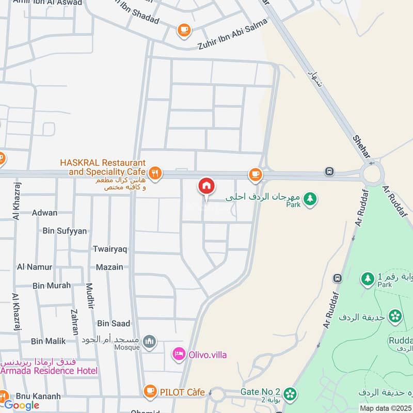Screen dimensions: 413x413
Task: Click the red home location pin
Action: click(x=206, y=186)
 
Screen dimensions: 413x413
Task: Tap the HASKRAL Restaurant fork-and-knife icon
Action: click(x=155, y=172)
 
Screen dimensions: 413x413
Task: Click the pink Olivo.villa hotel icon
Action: click(x=179, y=355)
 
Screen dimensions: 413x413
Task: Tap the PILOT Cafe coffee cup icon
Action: click(x=150, y=391)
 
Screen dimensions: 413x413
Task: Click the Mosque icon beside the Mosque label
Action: click(x=150, y=341)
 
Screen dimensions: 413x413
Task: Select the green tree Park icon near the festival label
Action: click(x=310, y=198)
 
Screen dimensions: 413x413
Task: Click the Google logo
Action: click(x=22, y=405)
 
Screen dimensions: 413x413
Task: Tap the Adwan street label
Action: click(x=44, y=213)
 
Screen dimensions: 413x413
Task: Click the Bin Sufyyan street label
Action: click(x=65, y=231)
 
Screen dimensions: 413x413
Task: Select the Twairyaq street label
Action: click(x=110, y=249)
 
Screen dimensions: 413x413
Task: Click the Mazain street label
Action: click(x=109, y=267)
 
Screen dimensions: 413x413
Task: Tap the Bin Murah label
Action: click(x=52, y=285)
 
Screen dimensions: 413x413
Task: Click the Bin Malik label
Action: click(x=49, y=341)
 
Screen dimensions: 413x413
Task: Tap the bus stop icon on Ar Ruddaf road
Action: click(x=338, y=278)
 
